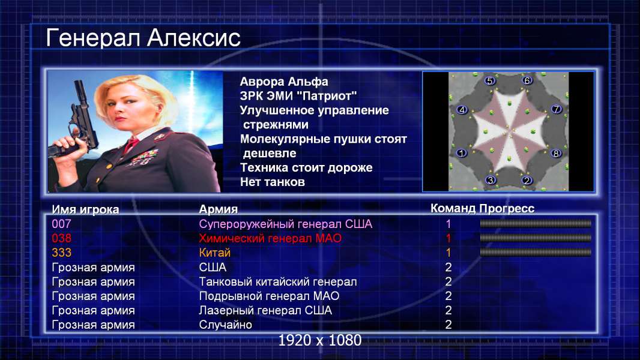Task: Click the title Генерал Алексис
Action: [143, 38]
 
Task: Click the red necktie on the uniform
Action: [131, 144]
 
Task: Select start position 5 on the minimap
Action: [490, 81]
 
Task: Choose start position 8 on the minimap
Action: [556, 153]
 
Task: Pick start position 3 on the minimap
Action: [491, 180]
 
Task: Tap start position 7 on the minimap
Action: [557, 109]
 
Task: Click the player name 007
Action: [61, 224]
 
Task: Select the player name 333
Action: [61, 253]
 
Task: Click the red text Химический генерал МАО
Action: [270, 239]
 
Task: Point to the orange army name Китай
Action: [215, 253]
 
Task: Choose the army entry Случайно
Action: [225, 325]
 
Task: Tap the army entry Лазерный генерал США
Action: [265, 311]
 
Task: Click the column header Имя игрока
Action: [85, 209]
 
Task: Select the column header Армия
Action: [218, 209]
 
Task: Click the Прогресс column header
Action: [507, 209]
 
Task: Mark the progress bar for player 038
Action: [536, 238]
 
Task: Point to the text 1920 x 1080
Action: [320, 340]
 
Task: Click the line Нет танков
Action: [272, 182]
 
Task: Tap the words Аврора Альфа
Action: [283, 82]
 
